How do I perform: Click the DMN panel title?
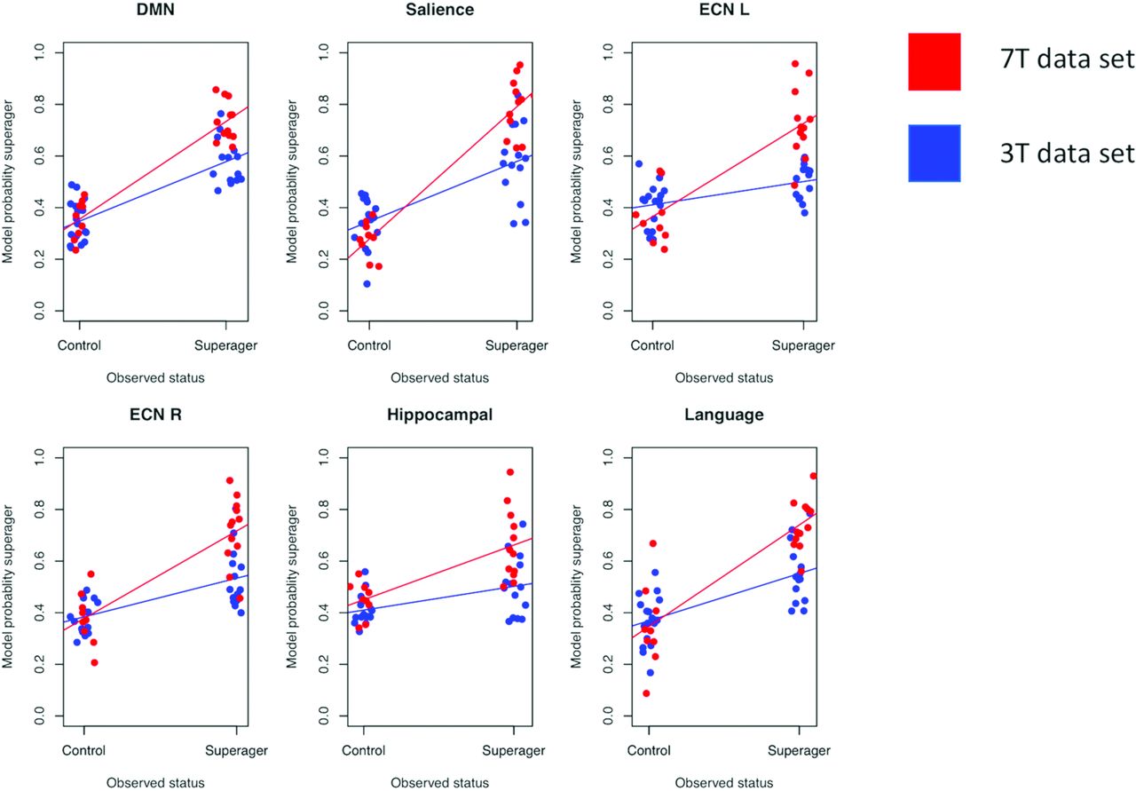154,10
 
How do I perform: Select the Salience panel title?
439,10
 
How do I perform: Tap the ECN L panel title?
723,10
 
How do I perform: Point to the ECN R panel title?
154,415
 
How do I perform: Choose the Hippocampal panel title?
439,415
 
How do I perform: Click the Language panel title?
723,415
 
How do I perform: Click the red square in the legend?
934,61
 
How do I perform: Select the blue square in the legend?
934,153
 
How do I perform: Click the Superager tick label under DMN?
226,345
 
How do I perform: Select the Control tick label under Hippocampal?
368,751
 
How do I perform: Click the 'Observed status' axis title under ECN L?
723,377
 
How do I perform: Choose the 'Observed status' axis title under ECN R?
155,783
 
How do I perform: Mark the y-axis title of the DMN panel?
8,181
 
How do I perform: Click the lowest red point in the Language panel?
646,693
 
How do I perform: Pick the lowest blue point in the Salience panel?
367,284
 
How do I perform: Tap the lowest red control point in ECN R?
94,662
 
